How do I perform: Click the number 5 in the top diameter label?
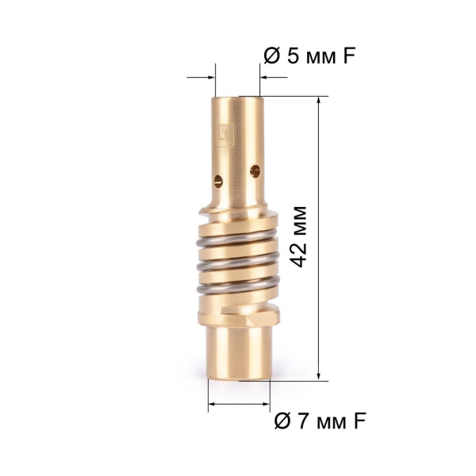pos(294,56)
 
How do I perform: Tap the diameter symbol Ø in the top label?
pos(271,56)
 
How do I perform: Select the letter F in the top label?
pos(349,56)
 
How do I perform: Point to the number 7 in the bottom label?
pos(304,421)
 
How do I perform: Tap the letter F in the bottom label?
pos(359,421)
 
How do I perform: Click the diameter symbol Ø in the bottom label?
pos(282,421)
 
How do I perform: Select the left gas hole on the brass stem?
pos(218,181)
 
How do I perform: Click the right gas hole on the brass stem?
pos(255,171)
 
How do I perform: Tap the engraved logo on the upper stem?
pos(225,136)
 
